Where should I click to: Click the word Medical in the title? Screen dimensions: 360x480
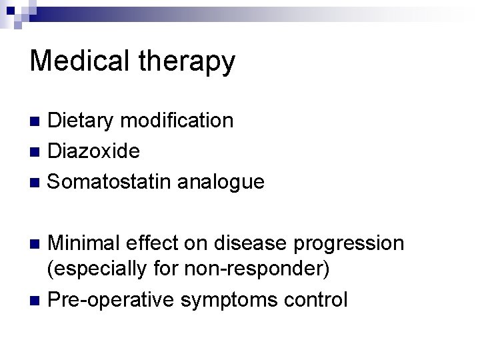pos(75,61)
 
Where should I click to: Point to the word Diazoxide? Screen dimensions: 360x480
pos(94,151)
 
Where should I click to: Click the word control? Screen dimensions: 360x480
pos(315,300)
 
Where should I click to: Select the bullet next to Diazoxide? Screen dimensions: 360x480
pos(37,151)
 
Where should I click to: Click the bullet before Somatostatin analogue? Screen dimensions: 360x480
pos(37,181)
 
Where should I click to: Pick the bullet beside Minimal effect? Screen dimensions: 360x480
pos(37,243)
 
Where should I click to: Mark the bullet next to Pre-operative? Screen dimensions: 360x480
pos(37,301)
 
